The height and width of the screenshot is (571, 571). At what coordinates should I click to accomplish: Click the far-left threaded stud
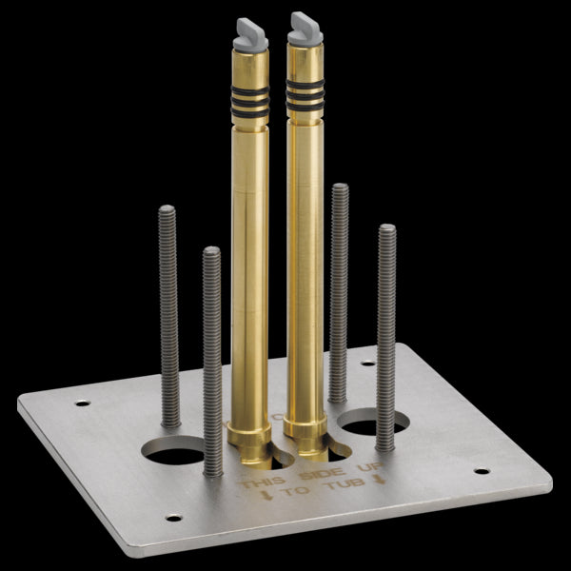(168, 314)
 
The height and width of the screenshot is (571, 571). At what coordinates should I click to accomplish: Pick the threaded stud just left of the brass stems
(212, 362)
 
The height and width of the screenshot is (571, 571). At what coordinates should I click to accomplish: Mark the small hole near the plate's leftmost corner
(83, 404)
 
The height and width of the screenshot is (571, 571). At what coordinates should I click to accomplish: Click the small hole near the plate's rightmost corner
(481, 470)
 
